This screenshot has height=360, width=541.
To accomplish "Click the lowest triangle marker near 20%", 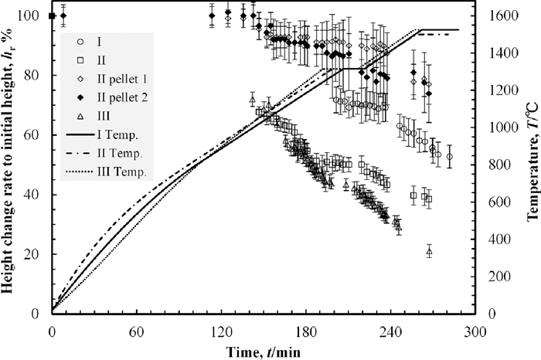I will tap(429, 251).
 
